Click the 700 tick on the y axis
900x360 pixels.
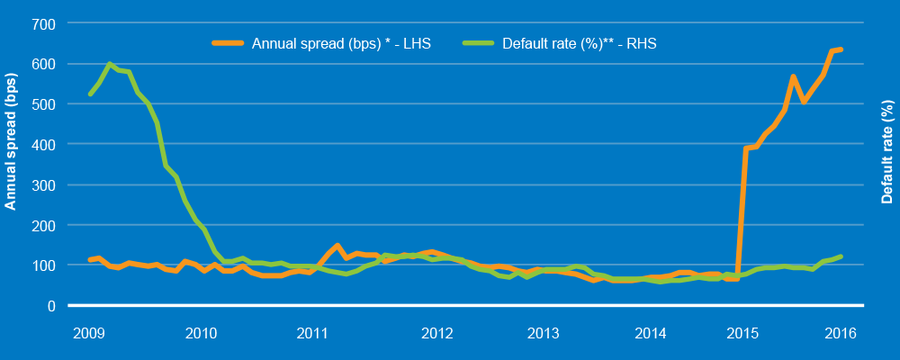(x=44, y=22)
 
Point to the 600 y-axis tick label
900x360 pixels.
(x=44, y=63)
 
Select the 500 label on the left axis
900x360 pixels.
(x=44, y=103)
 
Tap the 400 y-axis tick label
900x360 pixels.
(x=44, y=144)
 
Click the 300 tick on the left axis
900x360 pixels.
(x=44, y=184)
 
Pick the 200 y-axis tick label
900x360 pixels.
(x=44, y=225)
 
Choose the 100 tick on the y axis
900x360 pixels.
(x=44, y=265)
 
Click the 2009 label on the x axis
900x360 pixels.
(x=90, y=333)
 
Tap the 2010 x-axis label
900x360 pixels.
(x=201, y=333)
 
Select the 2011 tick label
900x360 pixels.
(x=311, y=333)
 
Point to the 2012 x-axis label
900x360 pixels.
(x=436, y=333)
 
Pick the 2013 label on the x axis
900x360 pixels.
(x=543, y=333)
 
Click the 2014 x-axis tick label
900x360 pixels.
(x=650, y=333)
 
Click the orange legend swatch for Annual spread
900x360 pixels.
(x=229, y=42)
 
